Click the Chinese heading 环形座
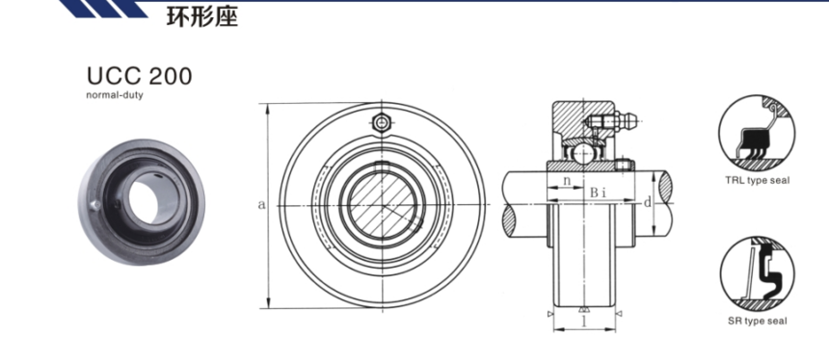pyautogui.click(x=202, y=16)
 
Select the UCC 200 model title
pyautogui.click(x=140, y=76)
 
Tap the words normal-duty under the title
pyautogui.click(x=114, y=95)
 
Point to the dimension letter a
pyautogui.click(x=261, y=205)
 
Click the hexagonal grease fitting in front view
pyautogui.click(x=381, y=123)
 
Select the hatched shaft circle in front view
pyautogui.click(x=383, y=205)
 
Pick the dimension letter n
pyautogui.click(x=566, y=180)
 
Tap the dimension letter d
pyautogui.click(x=647, y=202)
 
